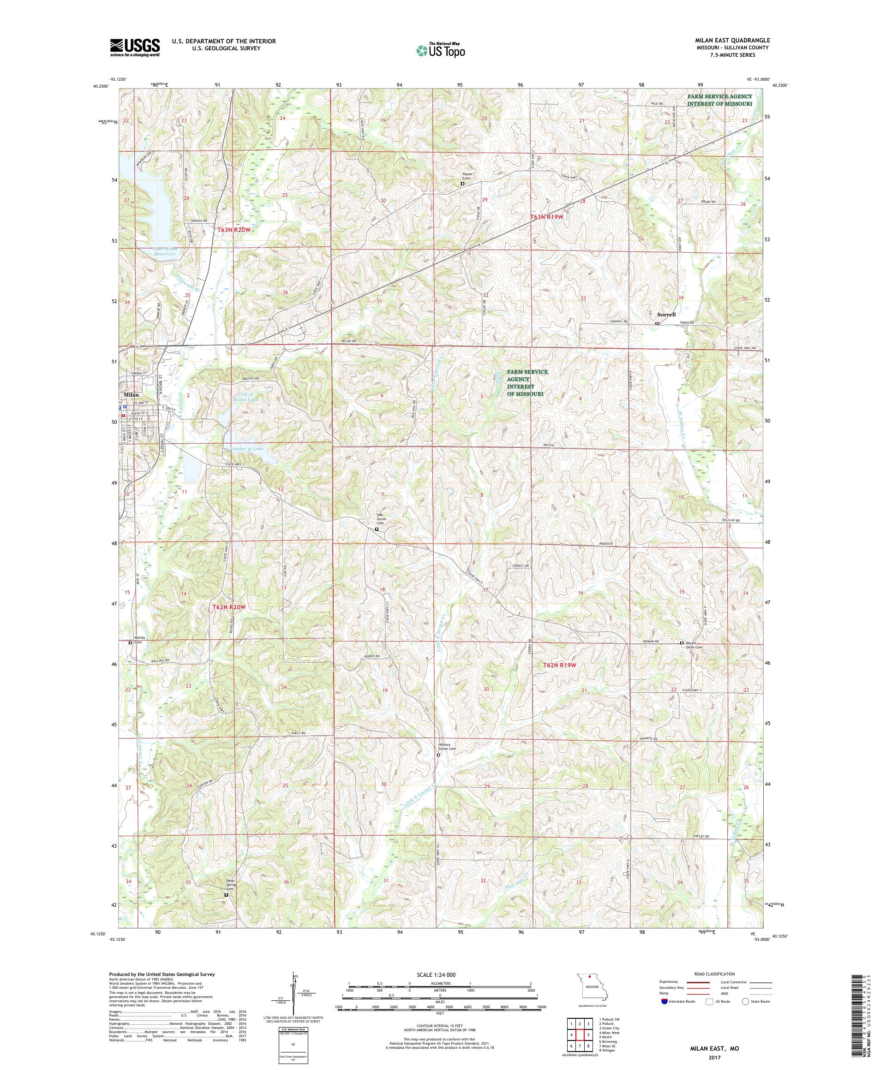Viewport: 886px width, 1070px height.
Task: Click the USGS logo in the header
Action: click(x=135, y=48)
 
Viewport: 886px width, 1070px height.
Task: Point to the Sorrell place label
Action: click(x=666, y=315)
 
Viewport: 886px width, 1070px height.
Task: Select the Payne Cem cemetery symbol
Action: click(x=462, y=184)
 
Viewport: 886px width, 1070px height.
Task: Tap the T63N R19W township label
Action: click(x=546, y=217)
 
